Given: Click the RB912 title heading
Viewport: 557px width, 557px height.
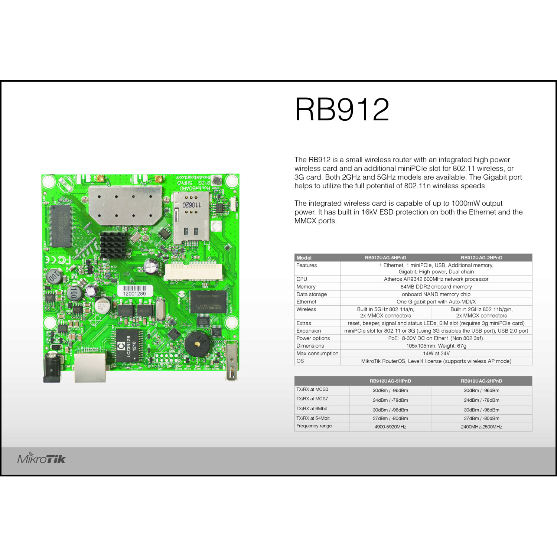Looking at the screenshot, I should click(342, 110).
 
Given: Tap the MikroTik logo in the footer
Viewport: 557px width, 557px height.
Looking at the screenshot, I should click(41, 459).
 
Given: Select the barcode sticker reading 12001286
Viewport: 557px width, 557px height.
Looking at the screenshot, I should click(135, 290).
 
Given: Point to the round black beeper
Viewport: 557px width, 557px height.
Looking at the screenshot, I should click(197, 344).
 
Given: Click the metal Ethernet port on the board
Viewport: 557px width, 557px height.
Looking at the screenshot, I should click(90, 367).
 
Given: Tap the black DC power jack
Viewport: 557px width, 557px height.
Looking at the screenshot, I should click(52, 368).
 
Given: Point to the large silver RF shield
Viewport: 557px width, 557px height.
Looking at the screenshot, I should click(125, 205).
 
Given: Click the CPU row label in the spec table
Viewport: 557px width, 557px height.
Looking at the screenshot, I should click(302, 279).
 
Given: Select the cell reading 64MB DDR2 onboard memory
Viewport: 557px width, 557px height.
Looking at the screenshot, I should click(436, 287).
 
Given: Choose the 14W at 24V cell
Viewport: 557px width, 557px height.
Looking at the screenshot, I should click(436, 354).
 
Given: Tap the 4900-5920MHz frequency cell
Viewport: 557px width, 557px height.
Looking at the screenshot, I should click(390, 427).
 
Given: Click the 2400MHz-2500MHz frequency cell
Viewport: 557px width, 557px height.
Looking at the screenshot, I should click(481, 427).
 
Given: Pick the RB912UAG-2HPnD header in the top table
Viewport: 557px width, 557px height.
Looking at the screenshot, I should click(481, 258).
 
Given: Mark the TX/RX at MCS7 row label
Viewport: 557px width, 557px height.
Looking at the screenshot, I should click(312, 399).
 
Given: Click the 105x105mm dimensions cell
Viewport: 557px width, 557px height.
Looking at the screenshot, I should click(436, 346).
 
